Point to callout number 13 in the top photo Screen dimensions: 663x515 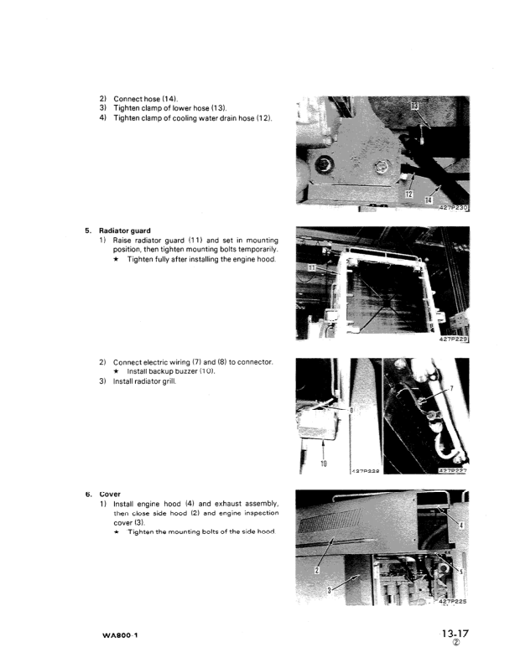[x=417, y=105]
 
